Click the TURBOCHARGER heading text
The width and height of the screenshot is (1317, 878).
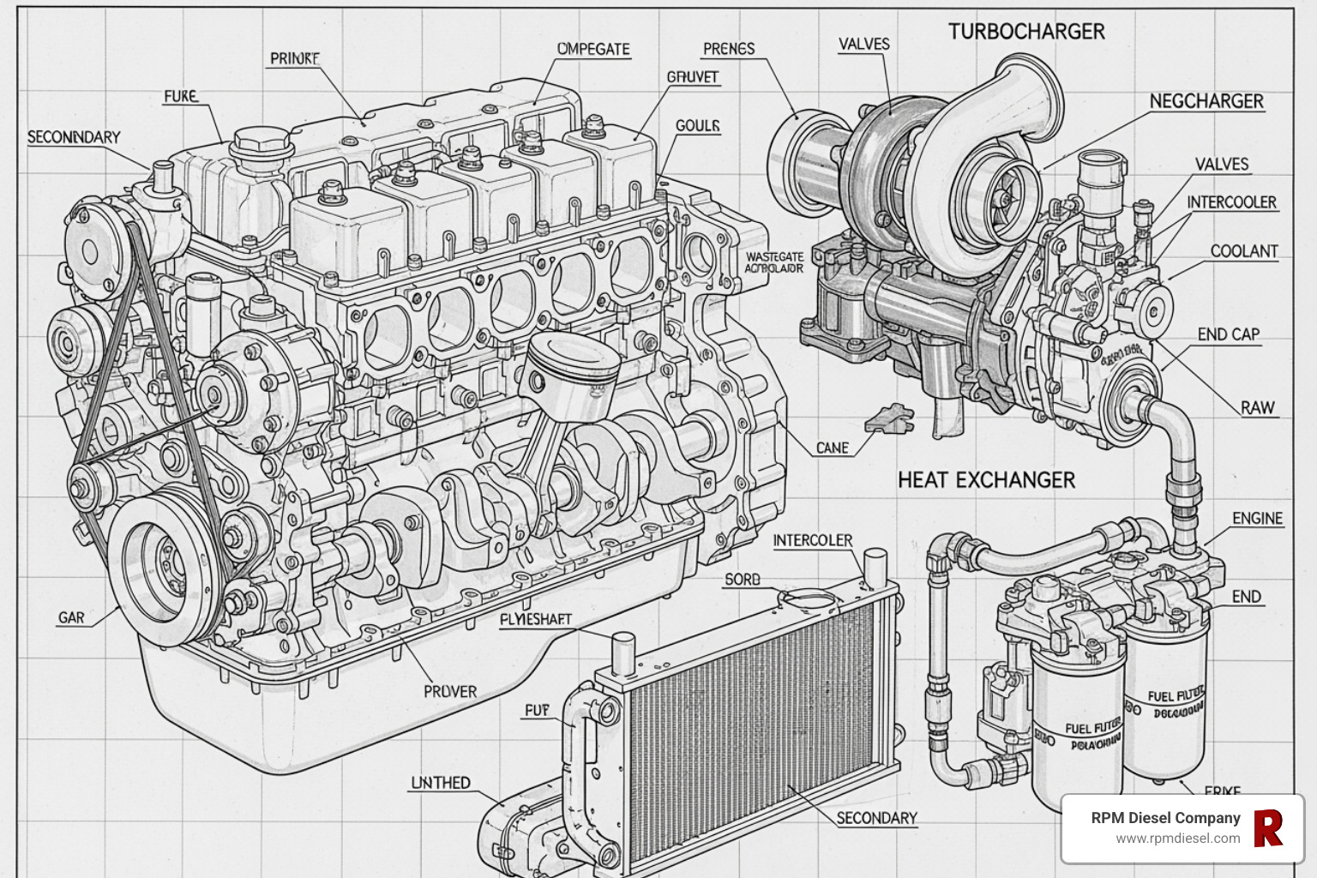tap(1026, 32)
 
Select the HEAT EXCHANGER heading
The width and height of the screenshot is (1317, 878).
tap(986, 479)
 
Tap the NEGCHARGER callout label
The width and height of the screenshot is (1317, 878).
tap(1206, 101)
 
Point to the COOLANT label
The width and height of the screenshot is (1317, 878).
tap(1243, 251)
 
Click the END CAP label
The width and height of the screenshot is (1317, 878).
tap(1228, 334)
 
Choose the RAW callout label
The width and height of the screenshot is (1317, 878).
tap(1257, 407)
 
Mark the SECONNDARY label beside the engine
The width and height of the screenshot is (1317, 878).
tap(74, 137)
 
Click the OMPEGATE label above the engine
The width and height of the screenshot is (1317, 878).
tap(593, 49)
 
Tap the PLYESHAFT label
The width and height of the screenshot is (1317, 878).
tap(535, 619)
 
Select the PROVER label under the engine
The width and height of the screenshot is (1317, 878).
tap(450, 690)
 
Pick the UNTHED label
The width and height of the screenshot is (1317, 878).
tap(441, 782)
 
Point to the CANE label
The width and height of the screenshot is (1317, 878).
tap(832, 448)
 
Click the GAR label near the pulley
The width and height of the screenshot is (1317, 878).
tap(71, 617)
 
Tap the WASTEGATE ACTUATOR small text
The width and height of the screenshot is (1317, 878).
tap(774, 262)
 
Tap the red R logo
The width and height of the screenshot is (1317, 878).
tap(1267, 828)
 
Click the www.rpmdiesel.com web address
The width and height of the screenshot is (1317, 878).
tap(1177, 839)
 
